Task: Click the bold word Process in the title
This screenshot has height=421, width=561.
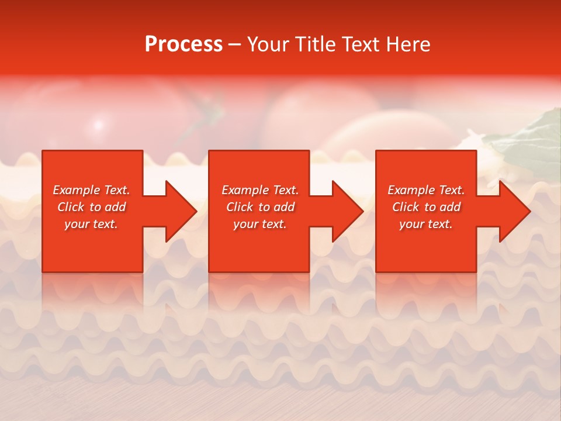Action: pos(183,44)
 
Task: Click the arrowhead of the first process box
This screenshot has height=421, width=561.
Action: pos(179,211)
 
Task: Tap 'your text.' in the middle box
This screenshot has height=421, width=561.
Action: pos(260,224)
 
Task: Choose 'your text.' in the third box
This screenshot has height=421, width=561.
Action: pos(426,224)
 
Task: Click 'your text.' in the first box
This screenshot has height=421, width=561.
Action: pos(91,224)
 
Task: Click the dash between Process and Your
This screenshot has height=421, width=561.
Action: pos(235,46)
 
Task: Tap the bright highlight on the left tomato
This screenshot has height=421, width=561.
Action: pos(98,125)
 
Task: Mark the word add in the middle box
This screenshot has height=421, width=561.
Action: pos(283,207)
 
